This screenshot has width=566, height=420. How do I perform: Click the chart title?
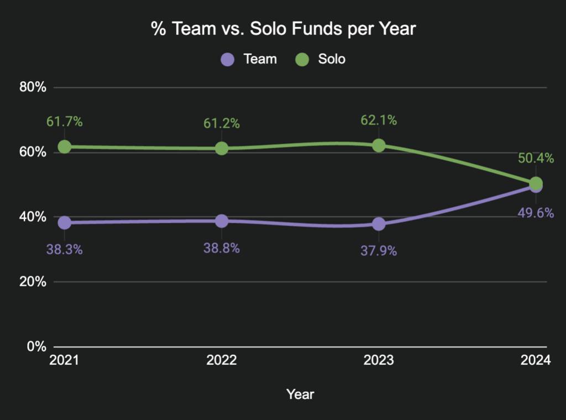(282, 29)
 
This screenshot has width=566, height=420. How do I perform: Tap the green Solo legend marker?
(302, 59)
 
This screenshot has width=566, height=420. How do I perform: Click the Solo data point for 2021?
(65, 146)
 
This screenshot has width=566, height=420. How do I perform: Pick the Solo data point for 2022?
(222, 148)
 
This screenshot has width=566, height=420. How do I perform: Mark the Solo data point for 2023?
(379, 145)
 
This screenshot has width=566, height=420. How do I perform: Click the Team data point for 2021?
(65, 222)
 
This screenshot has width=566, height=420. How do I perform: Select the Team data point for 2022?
(222, 221)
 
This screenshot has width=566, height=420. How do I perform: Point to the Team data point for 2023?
(379, 224)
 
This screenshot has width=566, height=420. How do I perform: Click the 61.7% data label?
(65, 122)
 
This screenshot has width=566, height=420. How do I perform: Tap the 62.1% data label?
(379, 120)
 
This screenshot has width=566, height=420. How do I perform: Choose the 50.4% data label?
(536, 158)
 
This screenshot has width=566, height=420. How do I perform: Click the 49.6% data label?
(536, 213)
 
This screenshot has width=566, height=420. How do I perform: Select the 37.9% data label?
(379, 250)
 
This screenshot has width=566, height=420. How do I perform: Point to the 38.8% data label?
(222, 248)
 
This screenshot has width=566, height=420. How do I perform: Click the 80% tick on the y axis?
(33, 87)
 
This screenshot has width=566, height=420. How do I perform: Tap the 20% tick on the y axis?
(33, 282)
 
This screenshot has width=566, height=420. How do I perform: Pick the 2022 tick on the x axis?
(222, 361)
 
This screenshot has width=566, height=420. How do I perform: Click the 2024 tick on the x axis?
(536, 361)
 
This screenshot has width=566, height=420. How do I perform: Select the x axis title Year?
(300, 394)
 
